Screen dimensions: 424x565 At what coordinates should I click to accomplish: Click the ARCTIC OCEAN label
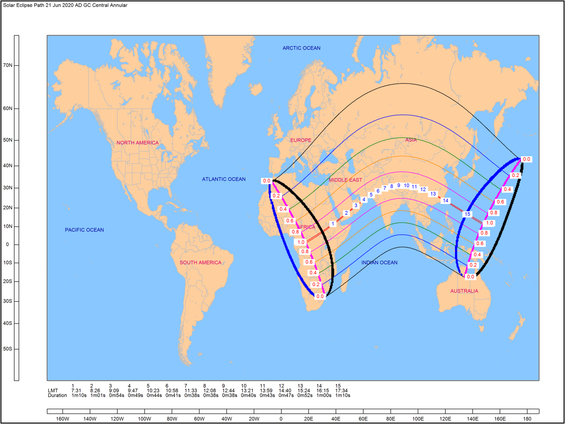[x=301, y=48]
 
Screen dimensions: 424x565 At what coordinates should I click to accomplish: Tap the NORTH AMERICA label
[x=138, y=143]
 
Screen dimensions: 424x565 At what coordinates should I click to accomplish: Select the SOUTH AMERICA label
[x=200, y=262]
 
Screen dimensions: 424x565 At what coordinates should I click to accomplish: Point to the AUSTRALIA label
[x=464, y=291]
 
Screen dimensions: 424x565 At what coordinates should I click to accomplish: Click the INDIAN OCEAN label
[x=379, y=262]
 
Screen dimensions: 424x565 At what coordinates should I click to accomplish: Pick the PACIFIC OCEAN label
[x=84, y=230]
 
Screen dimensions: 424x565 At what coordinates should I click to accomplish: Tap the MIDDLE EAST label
[x=345, y=180]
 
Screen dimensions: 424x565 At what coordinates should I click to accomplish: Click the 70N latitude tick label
[x=8, y=65]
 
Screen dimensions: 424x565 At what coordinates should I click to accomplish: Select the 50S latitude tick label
[x=8, y=349]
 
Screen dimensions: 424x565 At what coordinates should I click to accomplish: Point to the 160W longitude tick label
[x=63, y=418]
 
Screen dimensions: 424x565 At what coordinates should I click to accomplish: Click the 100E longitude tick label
[x=418, y=418]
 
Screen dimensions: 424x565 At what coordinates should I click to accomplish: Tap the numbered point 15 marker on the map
[x=467, y=214]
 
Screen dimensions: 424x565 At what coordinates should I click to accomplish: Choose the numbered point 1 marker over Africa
[x=333, y=223]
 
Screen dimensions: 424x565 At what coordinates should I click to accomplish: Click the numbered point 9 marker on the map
[x=399, y=185]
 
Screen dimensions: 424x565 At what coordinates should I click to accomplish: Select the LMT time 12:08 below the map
[x=210, y=391]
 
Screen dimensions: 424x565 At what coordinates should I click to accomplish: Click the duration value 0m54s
[x=117, y=395]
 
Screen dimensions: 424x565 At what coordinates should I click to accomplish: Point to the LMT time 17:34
[x=341, y=391]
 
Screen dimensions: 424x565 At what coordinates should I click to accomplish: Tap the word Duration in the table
[x=57, y=395]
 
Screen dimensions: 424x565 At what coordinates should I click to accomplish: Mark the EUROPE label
[x=301, y=140]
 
